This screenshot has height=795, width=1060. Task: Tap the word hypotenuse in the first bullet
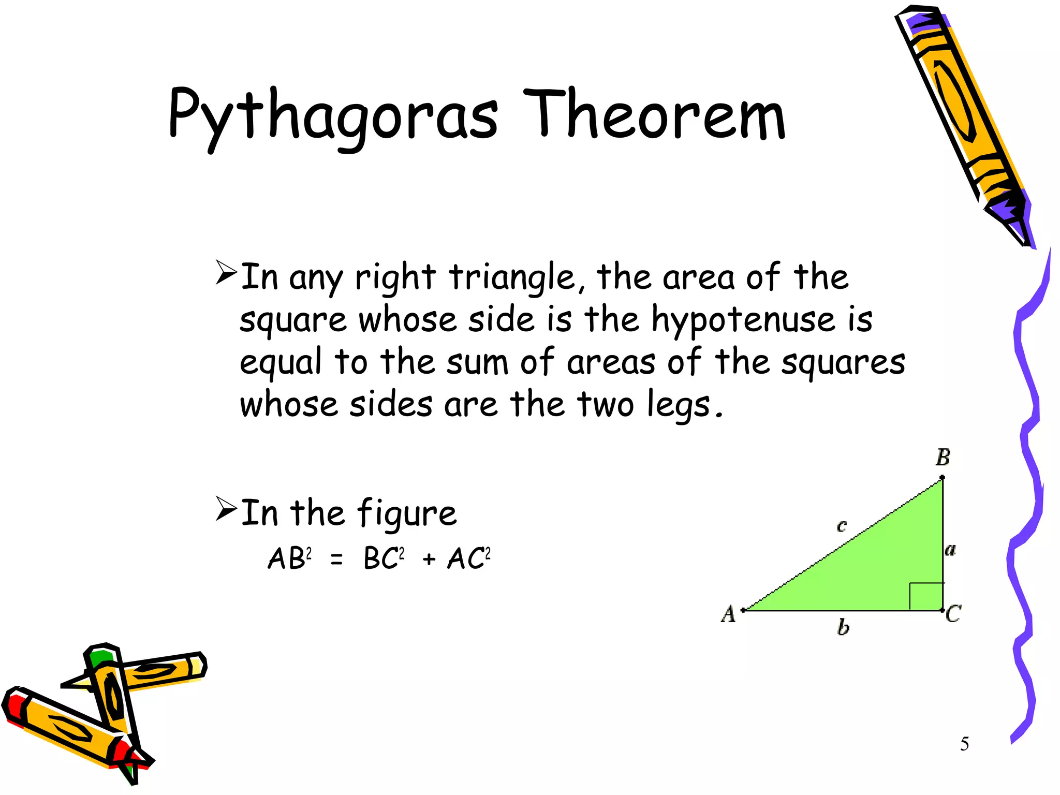[x=743, y=320]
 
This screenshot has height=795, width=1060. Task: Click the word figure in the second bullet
[x=406, y=514]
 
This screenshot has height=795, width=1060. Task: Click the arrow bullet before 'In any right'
[x=226, y=273]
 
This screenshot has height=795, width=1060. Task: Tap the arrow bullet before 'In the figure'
[x=226, y=508]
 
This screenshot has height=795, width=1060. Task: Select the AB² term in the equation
[x=289, y=558]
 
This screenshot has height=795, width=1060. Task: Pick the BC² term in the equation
[x=384, y=558]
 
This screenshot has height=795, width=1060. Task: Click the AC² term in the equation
[x=468, y=558]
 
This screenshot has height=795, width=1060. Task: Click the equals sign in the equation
[x=336, y=560]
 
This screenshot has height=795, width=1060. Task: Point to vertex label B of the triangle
[x=943, y=458]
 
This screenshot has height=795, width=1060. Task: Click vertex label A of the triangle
[x=728, y=614]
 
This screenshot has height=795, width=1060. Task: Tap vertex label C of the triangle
[x=953, y=614]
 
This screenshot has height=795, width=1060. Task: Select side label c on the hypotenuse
[x=842, y=526]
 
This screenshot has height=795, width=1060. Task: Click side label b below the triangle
[x=843, y=628]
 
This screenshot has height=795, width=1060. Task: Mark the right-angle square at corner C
[x=926, y=596]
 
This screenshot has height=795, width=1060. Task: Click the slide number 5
[x=964, y=744]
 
